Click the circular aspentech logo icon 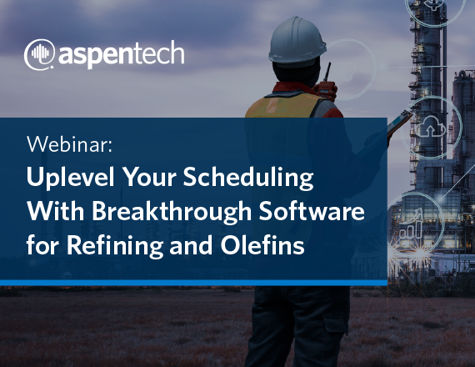tap(39, 54)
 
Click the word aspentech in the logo tap(121, 54)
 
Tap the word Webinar tap(69, 144)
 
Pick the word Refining tap(115, 245)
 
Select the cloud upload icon tap(429, 127)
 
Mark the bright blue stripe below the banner tap(193, 283)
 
